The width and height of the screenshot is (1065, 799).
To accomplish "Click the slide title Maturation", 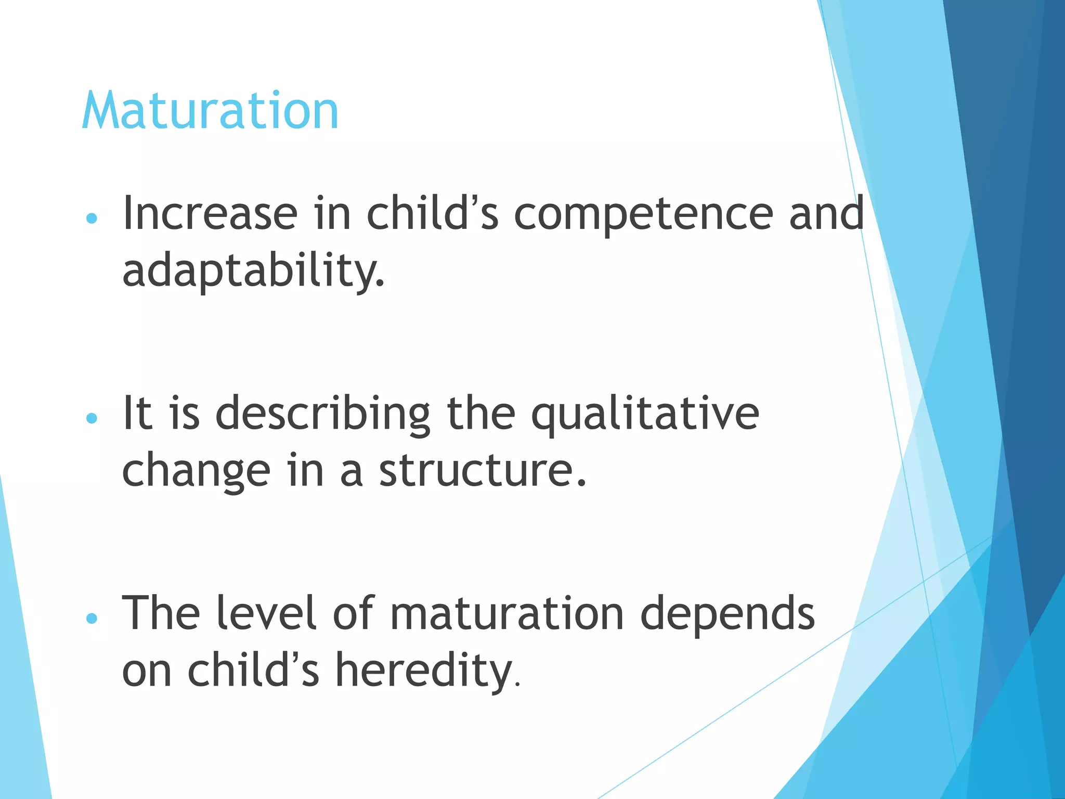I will coord(210,111).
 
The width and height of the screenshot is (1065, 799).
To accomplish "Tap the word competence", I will coord(643,214).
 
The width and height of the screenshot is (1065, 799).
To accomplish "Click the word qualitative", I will coord(645,415).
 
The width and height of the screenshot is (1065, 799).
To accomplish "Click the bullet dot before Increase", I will coord(92,218).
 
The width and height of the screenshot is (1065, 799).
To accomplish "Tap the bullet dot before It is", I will coord(92,418).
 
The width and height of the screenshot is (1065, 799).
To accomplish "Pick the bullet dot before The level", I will coord(92,618).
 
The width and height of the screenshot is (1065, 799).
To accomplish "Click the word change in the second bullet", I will coord(196,471).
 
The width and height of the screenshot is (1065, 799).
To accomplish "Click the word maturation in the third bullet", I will coord(507,614).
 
